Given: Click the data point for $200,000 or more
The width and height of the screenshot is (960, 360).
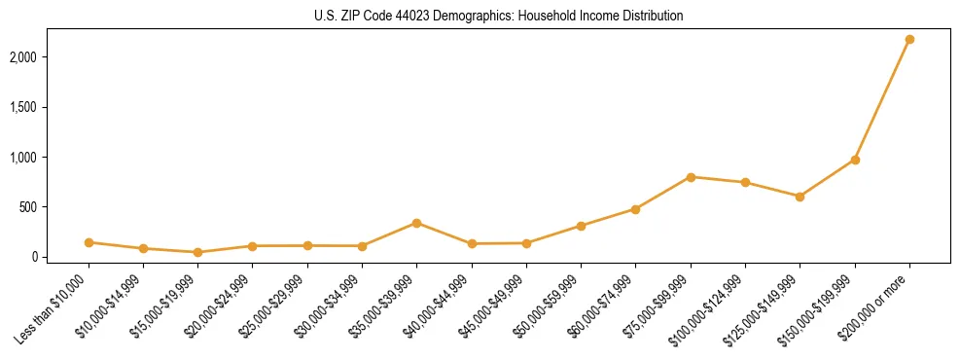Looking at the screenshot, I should [x=909, y=39].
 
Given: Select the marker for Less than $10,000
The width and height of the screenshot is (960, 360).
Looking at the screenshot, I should [x=89, y=242].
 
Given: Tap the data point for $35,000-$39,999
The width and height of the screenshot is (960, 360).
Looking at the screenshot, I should [x=416, y=223].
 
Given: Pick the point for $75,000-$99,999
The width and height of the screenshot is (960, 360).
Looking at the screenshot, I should [x=691, y=177].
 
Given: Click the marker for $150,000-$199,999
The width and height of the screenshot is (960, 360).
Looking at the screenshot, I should [x=855, y=160].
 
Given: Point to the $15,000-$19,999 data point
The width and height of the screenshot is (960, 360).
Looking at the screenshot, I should [x=197, y=252].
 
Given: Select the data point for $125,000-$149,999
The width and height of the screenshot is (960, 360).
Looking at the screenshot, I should [x=800, y=197].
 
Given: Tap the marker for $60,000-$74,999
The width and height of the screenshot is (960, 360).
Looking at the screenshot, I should [x=635, y=209].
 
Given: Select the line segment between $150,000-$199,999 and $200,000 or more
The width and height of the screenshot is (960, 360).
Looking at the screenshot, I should [x=882, y=99].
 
